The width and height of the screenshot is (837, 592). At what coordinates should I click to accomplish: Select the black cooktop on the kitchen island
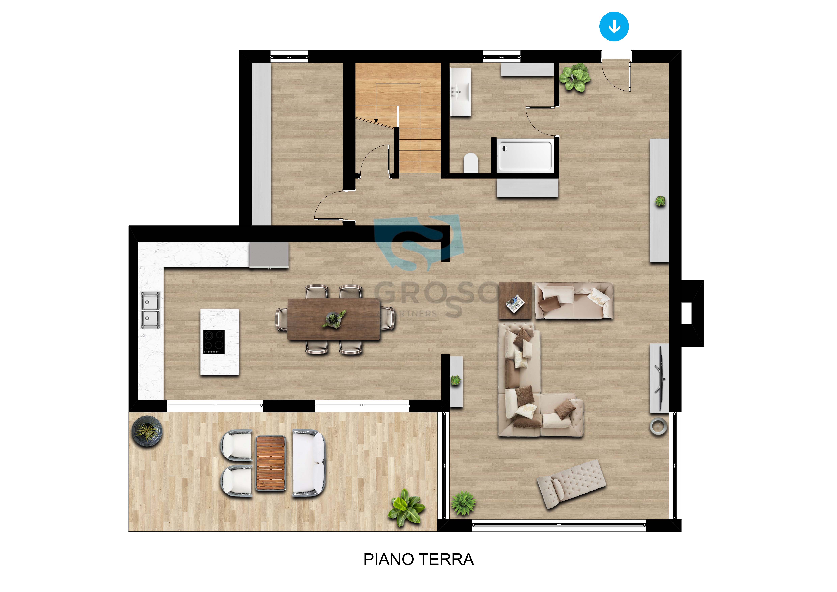click(214, 342)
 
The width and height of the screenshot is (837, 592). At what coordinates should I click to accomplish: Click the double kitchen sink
click(150, 310)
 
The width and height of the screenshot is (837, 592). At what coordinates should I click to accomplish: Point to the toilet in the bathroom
click(471, 163)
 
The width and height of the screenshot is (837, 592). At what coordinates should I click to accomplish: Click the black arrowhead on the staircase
click(376, 121)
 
